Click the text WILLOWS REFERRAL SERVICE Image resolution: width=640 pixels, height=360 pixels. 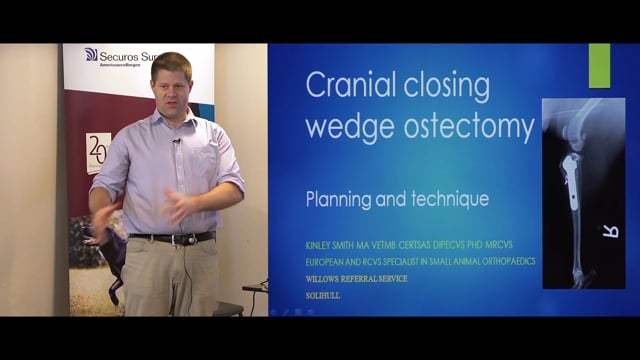tap(357, 278)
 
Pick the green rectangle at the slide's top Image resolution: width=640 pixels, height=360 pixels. tap(599, 65)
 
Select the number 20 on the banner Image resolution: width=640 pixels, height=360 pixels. tap(98, 151)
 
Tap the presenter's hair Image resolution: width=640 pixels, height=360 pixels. tap(170, 62)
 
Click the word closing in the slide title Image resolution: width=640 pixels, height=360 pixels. tap(445, 86)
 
